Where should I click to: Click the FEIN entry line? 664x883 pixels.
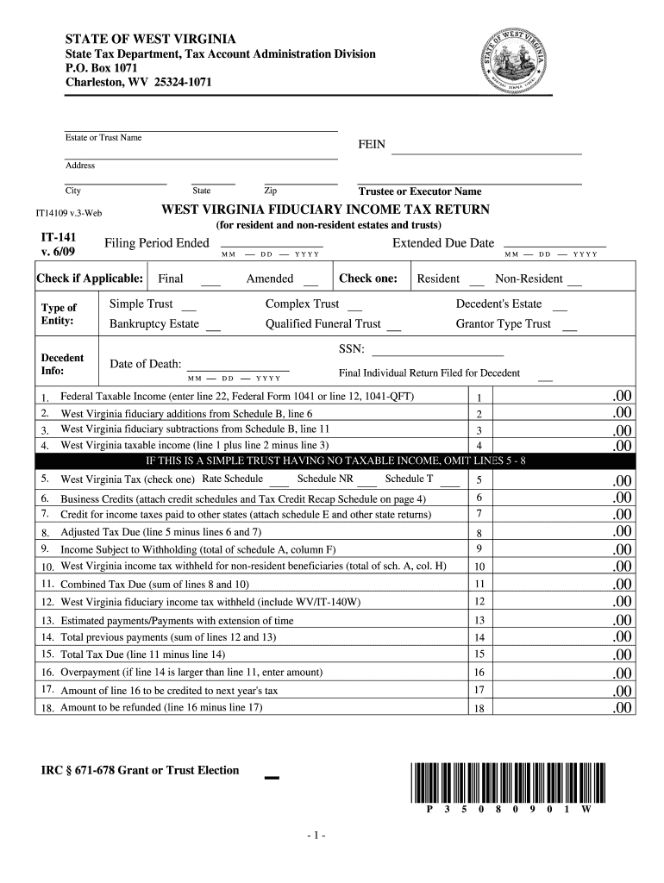(486, 153)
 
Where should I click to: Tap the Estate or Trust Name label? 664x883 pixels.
(103, 138)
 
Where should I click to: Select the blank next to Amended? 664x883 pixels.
(310, 283)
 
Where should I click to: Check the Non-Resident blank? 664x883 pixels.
(574, 283)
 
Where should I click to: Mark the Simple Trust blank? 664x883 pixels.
(190, 308)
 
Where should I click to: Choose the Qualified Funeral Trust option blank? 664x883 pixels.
(393, 329)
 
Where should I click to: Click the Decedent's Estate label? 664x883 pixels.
(498, 304)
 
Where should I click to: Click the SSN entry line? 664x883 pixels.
(436, 354)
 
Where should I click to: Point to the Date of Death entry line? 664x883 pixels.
(238, 368)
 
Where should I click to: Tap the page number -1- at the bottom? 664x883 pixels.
(312, 836)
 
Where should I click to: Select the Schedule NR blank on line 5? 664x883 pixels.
(366, 484)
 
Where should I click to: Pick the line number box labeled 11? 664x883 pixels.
(479, 584)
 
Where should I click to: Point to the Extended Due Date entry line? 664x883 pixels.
(554, 247)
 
